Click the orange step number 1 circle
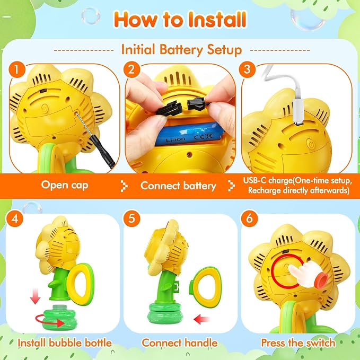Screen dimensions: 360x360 point(17,69)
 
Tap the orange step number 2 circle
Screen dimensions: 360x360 point(131,69)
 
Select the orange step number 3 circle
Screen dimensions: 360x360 point(247,69)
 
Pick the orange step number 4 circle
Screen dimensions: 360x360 point(15,218)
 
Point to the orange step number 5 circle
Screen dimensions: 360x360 point(131,218)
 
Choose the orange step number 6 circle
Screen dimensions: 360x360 point(249,218)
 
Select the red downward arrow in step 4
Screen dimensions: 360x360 point(35,296)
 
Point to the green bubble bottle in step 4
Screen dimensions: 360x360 point(60,317)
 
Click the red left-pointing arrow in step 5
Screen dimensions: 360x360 point(201,319)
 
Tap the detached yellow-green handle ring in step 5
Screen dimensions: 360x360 point(205,286)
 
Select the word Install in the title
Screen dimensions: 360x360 point(217,20)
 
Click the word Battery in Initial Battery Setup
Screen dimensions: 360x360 point(181,50)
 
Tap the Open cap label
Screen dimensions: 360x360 point(65,185)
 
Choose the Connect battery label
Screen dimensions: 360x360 point(178,186)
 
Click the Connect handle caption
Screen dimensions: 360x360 point(180,343)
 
